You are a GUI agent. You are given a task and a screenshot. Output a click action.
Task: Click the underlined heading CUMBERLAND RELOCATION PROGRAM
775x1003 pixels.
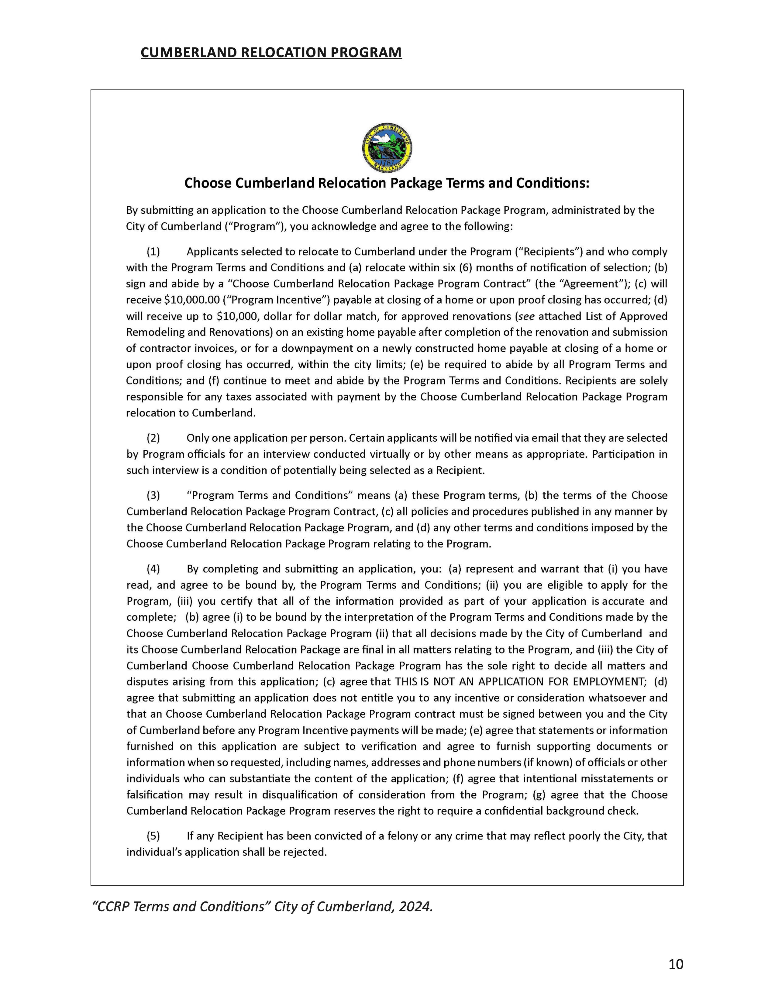(x=271, y=53)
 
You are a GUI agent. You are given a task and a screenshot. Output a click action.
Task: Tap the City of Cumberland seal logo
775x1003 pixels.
(x=387, y=148)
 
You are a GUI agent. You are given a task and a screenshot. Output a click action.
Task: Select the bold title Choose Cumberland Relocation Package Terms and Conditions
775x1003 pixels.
(x=387, y=183)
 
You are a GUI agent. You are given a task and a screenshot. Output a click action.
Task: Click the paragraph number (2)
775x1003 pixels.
(x=153, y=438)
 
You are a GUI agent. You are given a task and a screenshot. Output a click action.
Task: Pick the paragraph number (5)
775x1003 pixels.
(x=153, y=836)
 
